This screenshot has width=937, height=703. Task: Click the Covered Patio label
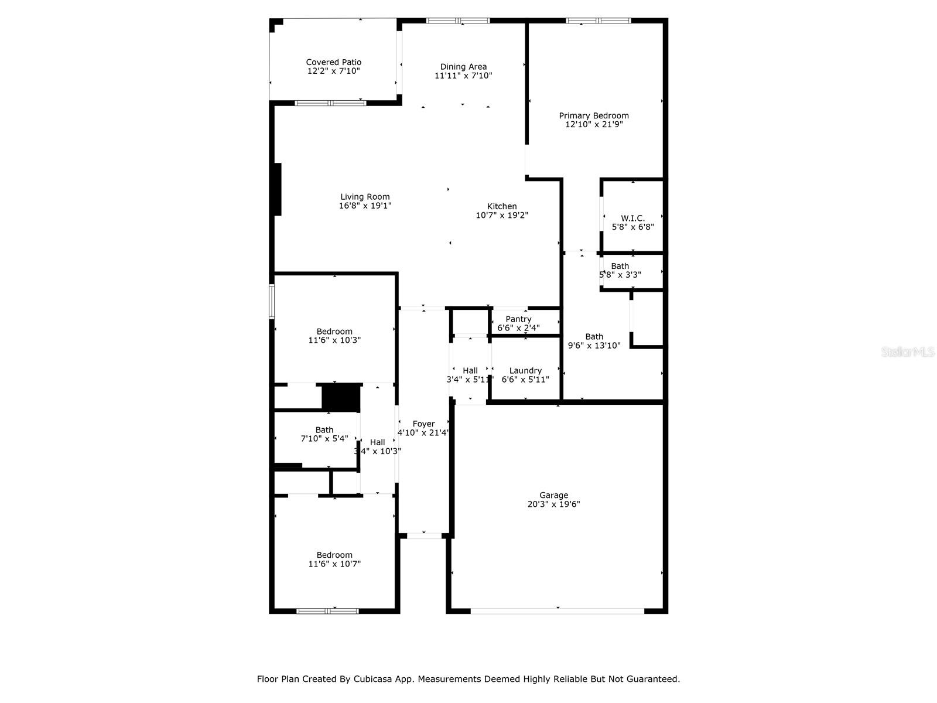coord(333,62)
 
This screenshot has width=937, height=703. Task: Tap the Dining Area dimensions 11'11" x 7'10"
coord(463,76)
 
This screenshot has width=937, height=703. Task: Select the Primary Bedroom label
coord(593,115)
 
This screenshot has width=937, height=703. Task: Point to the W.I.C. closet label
coord(632,218)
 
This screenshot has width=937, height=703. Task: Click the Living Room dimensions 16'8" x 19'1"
coord(365,206)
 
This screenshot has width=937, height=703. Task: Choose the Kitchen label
coord(502,206)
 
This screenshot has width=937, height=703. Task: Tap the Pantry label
coord(518,319)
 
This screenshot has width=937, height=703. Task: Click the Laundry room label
coord(525,370)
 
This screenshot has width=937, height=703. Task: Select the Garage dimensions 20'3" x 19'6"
coord(553,504)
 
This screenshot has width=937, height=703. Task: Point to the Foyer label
coord(423,424)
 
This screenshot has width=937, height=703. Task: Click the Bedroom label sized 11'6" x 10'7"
coord(334,555)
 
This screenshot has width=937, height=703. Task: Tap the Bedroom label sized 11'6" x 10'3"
coord(334,331)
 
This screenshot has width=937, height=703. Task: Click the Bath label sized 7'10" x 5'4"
coord(324,429)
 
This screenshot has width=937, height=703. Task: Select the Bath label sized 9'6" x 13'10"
coord(594,336)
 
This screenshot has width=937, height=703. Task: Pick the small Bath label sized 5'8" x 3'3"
coord(620,266)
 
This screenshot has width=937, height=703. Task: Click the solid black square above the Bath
coord(340,397)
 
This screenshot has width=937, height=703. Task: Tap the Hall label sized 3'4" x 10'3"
coord(377,442)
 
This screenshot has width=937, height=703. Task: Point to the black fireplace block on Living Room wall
coord(278,189)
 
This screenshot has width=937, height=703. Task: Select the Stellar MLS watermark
coord(908,352)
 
